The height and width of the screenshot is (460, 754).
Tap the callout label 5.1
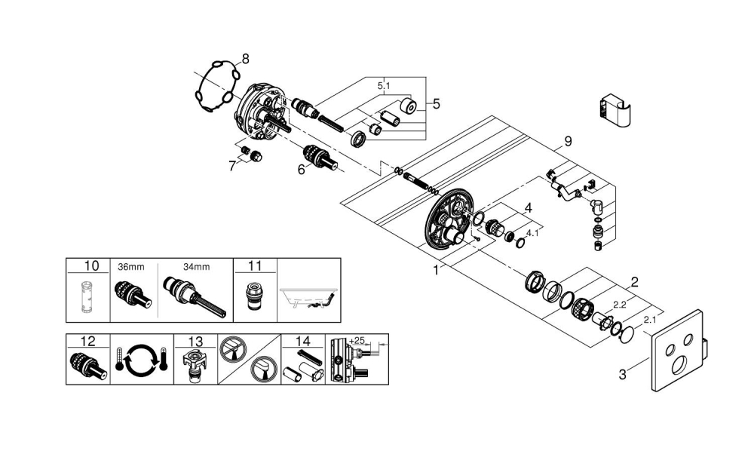click(384, 86)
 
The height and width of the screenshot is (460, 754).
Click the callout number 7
click(232, 165)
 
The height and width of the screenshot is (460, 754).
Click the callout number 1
click(435, 270)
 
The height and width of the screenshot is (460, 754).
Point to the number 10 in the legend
click(91, 265)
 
